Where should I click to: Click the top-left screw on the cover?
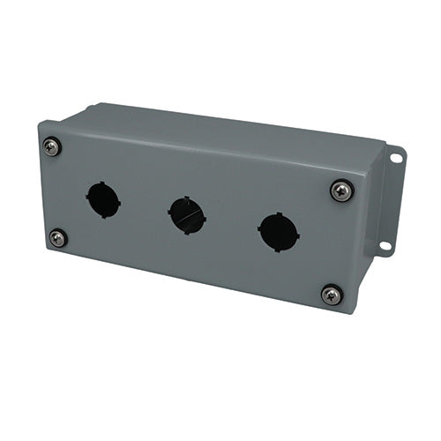pos(52,147)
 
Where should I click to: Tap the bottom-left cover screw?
pos(57,237)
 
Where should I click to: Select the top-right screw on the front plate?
pos(341,190)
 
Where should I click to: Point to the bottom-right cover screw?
pos(331,295)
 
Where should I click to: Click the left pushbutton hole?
pos(103,199)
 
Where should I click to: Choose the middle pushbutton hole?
pos(186,215)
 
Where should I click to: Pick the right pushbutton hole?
pos(278,232)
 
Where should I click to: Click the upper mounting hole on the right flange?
pos(394,159)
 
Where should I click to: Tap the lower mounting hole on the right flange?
pos(385,244)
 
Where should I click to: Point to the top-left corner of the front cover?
pos(41,125)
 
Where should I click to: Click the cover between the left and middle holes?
pos(145,207)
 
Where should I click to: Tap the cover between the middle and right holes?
pos(232,224)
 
